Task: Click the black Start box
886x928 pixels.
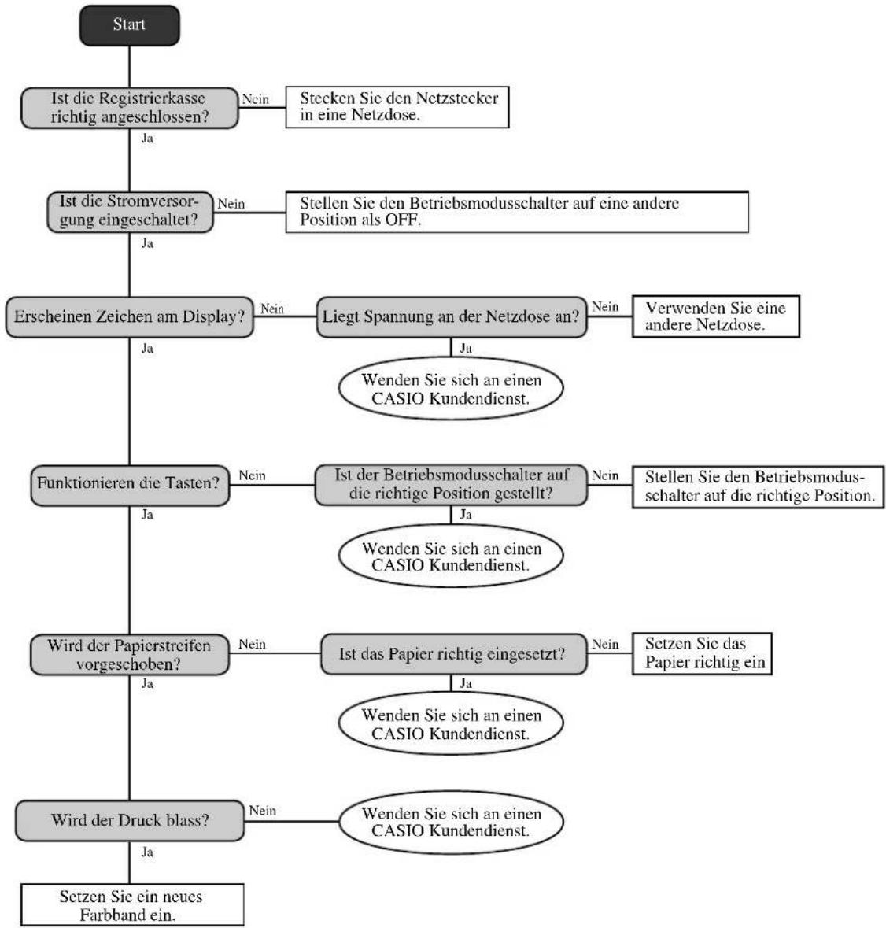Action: click(130, 25)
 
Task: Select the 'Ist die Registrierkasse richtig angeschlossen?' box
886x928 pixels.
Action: click(130, 108)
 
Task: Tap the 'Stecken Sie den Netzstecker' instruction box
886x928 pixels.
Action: click(397, 107)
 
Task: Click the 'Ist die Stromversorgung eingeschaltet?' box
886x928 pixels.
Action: click(130, 212)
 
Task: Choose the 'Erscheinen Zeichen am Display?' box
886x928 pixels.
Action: click(130, 317)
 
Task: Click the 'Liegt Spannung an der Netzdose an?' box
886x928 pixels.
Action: click(452, 317)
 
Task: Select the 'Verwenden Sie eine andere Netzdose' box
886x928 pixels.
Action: click(716, 316)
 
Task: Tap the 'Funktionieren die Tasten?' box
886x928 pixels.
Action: click(130, 486)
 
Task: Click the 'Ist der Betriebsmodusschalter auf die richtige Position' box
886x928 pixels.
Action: click(452, 485)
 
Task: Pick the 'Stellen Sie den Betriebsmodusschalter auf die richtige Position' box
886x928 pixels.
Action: click(759, 487)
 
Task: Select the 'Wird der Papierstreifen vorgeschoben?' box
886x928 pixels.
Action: click(130, 655)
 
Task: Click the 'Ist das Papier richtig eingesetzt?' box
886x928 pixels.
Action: click(454, 654)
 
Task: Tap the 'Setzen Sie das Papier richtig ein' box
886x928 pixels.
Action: click(702, 653)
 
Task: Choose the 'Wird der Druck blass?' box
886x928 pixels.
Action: click(130, 821)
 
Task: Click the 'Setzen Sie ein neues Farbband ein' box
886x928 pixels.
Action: click(132, 905)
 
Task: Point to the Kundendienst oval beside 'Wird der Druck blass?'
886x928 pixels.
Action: click(451, 822)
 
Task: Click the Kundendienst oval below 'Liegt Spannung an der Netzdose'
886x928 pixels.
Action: click(451, 388)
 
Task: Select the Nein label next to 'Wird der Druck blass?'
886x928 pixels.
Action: click(263, 810)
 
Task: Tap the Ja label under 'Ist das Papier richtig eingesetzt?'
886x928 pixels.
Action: click(466, 683)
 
